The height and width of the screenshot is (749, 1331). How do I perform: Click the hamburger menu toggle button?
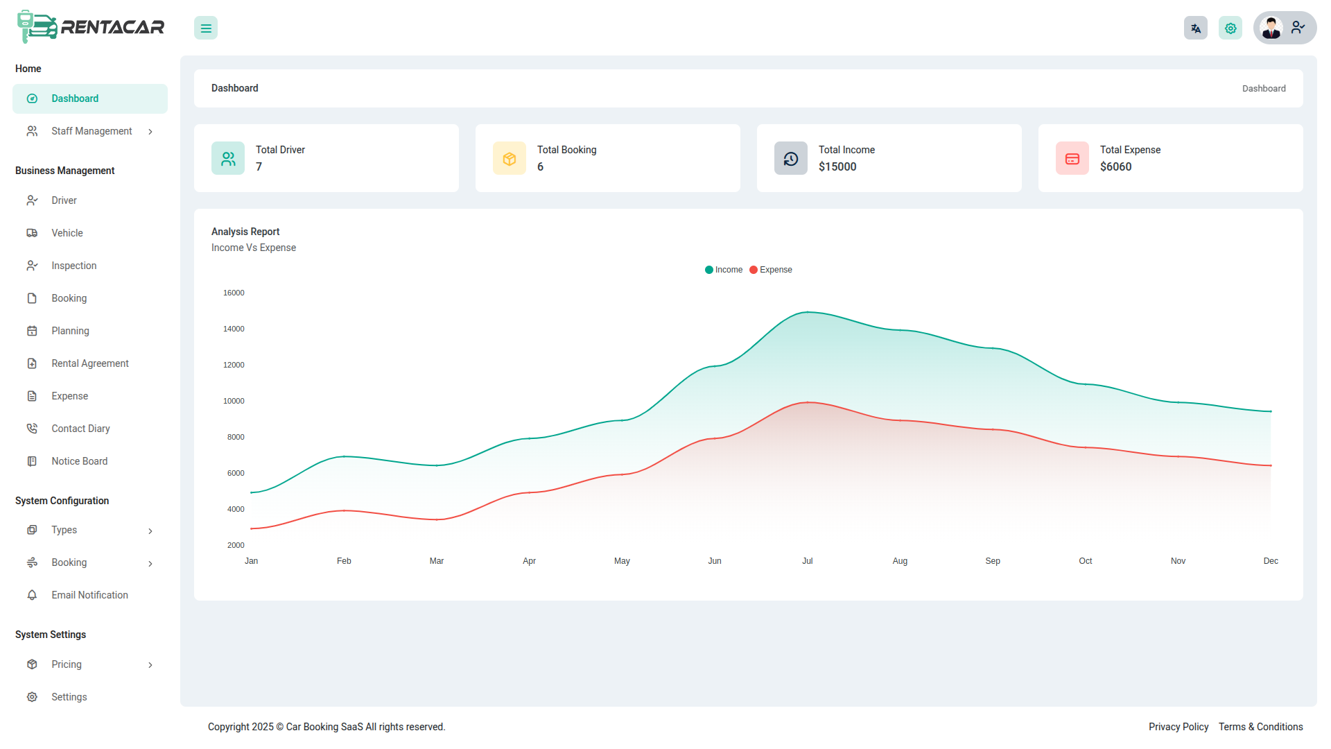click(206, 28)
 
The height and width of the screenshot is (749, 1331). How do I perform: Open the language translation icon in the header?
click(1195, 28)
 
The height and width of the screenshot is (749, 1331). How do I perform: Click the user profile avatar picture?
click(1271, 28)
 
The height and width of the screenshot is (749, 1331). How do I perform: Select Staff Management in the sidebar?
click(91, 131)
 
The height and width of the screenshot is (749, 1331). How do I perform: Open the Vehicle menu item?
click(67, 233)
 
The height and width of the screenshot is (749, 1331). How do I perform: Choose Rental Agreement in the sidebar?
click(89, 363)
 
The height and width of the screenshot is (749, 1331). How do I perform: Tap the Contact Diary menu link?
click(80, 429)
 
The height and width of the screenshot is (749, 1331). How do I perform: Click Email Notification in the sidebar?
click(89, 595)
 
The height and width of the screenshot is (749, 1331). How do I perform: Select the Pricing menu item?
click(67, 664)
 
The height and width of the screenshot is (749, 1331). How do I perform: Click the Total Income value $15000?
click(837, 166)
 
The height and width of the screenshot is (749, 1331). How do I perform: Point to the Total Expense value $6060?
click(1115, 166)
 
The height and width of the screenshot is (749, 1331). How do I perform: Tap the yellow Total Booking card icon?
click(510, 159)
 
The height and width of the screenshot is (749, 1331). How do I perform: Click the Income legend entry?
click(724, 270)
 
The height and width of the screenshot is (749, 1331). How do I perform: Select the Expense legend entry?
click(771, 270)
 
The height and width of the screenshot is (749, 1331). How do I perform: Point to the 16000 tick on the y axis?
click(234, 293)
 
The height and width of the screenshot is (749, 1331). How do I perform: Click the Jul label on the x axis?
click(807, 561)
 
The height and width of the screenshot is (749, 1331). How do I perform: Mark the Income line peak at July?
click(808, 312)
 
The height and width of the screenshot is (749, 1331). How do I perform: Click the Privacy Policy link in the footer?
click(1178, 727)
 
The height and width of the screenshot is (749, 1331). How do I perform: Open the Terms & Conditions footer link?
click(1260, 727)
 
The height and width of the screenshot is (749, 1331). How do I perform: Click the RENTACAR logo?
click(91, 27)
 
